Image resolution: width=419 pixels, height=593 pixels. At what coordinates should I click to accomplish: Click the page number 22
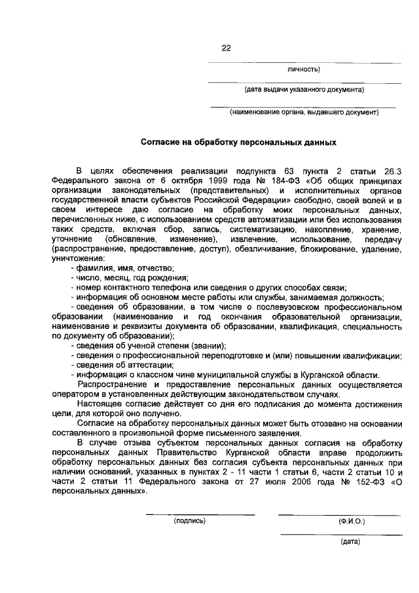[227, 48]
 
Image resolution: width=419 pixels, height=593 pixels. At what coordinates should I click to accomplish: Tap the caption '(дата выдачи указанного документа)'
[304, 89]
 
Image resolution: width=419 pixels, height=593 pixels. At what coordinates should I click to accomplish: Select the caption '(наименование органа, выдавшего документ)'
[304, 112]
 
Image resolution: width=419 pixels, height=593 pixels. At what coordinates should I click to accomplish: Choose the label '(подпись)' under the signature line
[190, 521]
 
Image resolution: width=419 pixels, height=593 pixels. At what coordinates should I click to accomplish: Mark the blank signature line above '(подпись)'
[200, 514]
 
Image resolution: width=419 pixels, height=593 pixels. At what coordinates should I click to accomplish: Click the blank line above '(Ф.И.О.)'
[339, 514]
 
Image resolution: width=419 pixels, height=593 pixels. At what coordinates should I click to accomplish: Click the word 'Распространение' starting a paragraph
[109, 383]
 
